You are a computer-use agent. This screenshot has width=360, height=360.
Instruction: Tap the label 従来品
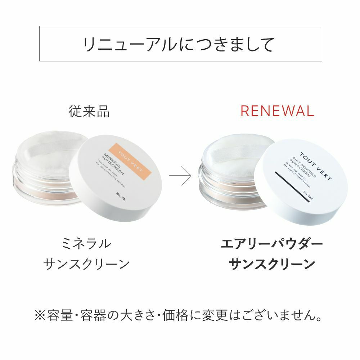tap(89, 112)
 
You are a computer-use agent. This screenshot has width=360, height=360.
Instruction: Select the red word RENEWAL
tap(277, 111)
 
